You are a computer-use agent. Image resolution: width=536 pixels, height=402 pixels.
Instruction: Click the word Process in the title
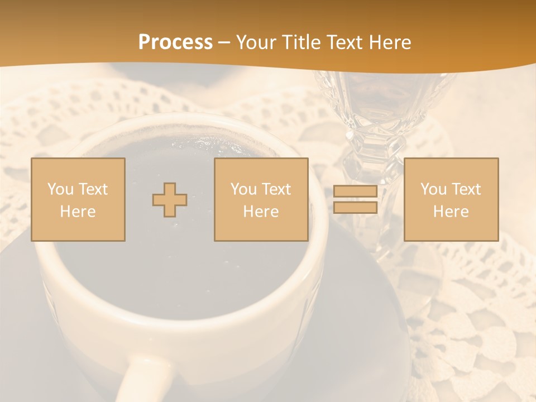tap(175, 42)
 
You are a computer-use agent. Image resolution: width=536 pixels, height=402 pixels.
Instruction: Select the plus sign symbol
tap(170, 200)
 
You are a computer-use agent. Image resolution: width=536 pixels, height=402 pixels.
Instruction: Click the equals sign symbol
tap(355, 199)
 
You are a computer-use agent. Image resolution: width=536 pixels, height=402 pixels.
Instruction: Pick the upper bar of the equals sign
tap(355, 192)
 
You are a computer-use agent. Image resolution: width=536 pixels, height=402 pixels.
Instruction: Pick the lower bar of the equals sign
tap(355, 207)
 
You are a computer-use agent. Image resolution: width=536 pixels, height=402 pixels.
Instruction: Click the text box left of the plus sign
tap(78, 199)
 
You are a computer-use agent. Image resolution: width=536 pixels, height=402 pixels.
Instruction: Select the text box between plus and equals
tap(261, 199)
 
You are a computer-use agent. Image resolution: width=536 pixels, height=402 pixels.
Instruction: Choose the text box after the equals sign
tap(451, 199)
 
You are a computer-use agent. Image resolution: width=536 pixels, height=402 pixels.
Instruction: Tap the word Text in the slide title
tap(343, 42)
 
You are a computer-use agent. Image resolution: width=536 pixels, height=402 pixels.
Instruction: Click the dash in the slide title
tap(224, 42)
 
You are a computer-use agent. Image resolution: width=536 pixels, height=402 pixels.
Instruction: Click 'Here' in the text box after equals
tap(451, 211)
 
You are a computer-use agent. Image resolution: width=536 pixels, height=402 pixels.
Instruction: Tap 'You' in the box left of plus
tap(60, 189)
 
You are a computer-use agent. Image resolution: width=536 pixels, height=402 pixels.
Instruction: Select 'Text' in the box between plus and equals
tap(277, 189)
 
